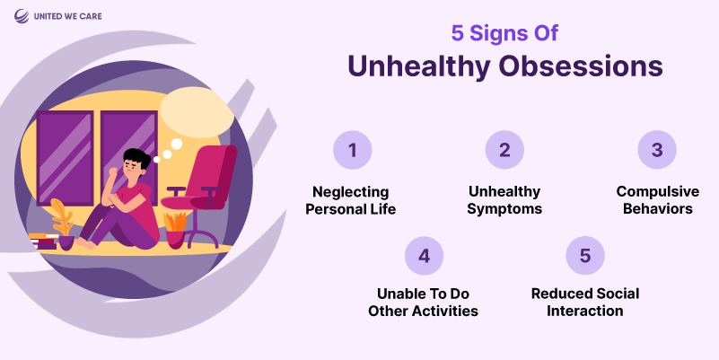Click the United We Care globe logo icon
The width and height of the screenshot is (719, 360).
21,16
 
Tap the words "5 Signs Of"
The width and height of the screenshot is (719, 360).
504,33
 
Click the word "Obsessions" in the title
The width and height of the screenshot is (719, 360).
581,66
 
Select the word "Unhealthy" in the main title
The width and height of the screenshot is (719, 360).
419,67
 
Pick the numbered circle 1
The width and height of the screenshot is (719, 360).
352,150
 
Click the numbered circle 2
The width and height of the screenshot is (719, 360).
504,150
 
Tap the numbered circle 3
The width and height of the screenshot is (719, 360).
657,150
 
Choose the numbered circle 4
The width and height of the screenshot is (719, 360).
425,256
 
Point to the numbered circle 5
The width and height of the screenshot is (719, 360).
585,256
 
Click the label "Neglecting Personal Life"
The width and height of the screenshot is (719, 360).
351,200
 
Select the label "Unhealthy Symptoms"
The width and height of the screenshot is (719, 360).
504,200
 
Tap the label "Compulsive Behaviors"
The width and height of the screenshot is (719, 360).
658,200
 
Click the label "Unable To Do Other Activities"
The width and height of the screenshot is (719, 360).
424,303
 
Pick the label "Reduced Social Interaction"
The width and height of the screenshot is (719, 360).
585,303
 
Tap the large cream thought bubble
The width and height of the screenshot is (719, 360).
197,112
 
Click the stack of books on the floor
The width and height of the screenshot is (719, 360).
43,241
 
